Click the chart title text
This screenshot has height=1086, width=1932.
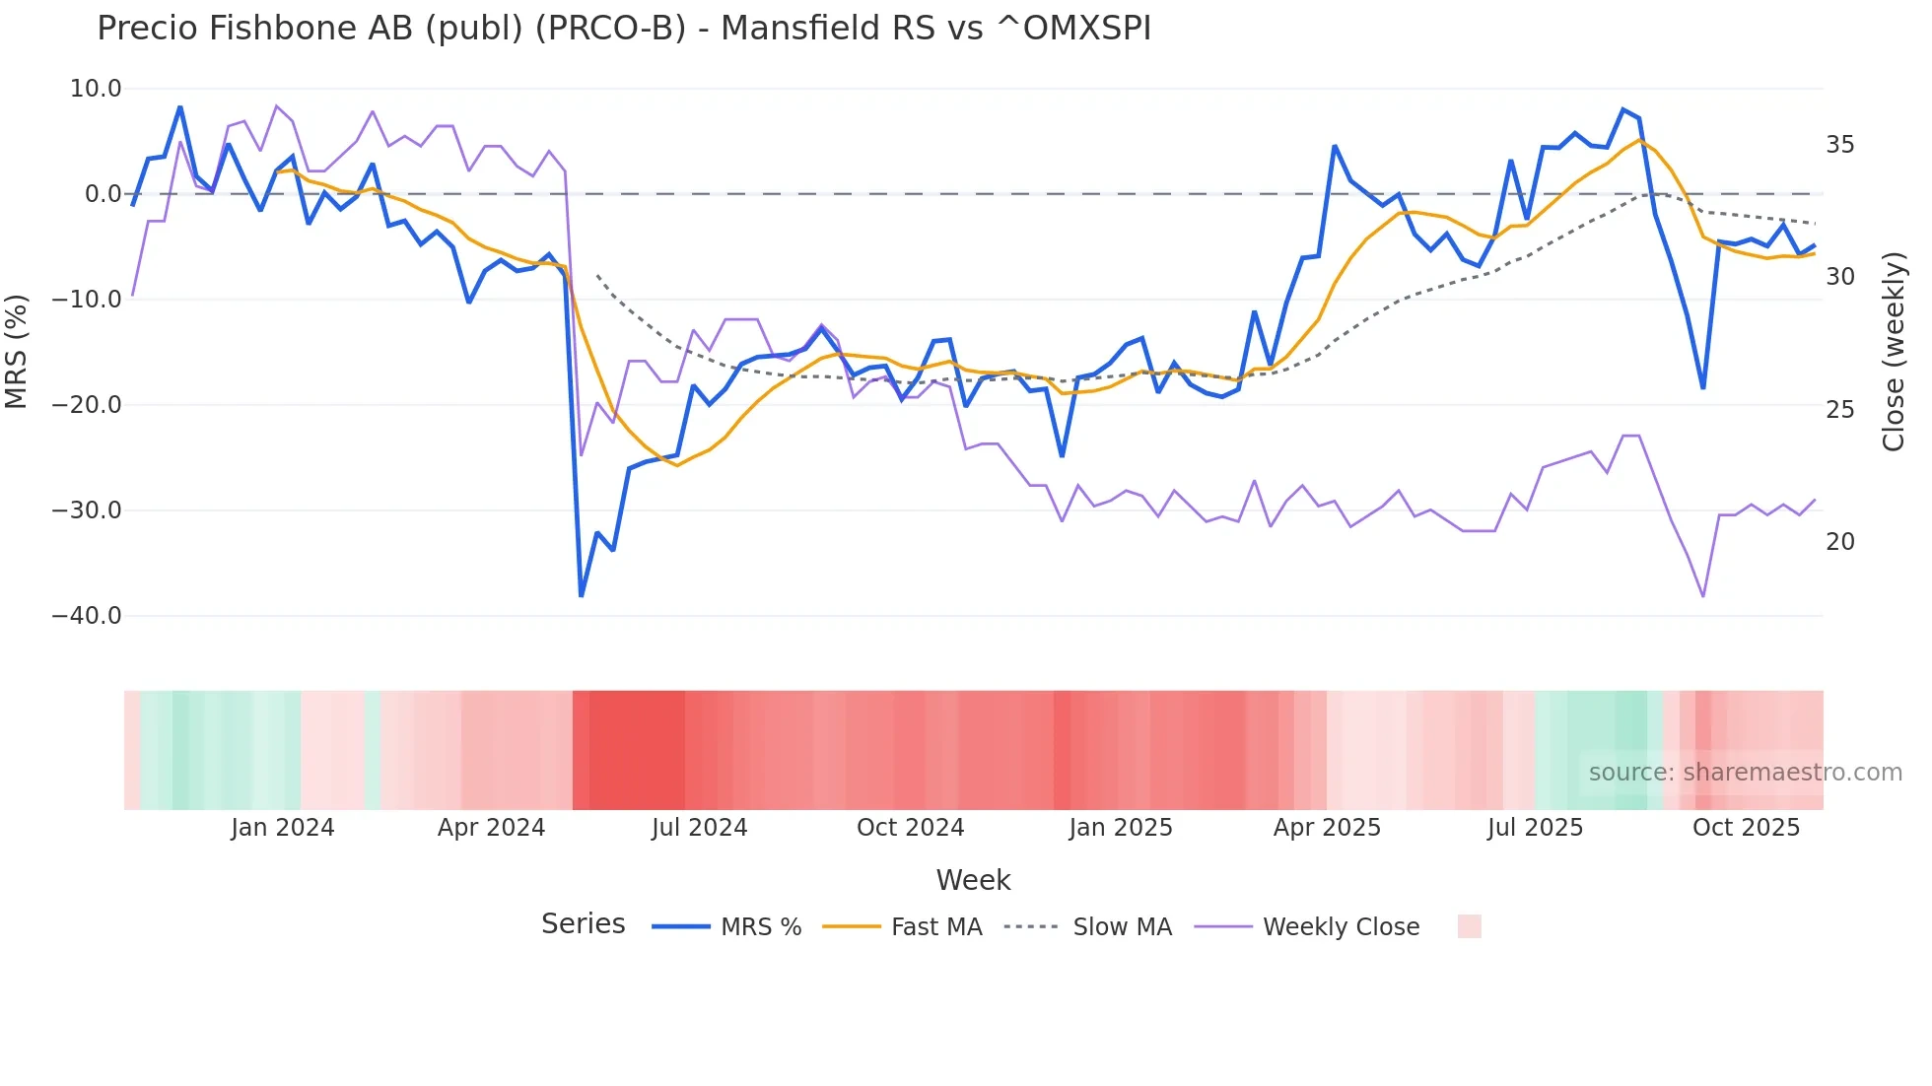coord(623,29)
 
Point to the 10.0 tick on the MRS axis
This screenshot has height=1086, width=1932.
coord(96,89)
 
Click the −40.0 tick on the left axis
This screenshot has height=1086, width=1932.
coord(87,616)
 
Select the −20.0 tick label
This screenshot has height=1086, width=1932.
coord(87,405)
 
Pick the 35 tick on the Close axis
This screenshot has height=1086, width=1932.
coord(1839,145)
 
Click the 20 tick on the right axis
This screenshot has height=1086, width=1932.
coord(1839,542)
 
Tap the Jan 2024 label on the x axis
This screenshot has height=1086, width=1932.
coord(283,828)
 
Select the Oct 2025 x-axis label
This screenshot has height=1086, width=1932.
coord(1746,828)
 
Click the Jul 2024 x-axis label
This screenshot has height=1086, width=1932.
coord(699,828)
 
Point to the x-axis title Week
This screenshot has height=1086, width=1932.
coord(973,880)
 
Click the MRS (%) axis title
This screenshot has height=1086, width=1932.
coord(17,352)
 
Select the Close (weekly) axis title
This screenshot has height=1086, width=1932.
coord(1893,352)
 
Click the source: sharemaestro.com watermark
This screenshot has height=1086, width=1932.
coord(1745,773)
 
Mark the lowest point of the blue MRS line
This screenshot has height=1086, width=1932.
coord(582,595)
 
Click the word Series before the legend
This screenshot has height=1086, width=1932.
coord(583,924)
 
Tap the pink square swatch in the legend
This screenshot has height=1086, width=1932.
coord(1469,926)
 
